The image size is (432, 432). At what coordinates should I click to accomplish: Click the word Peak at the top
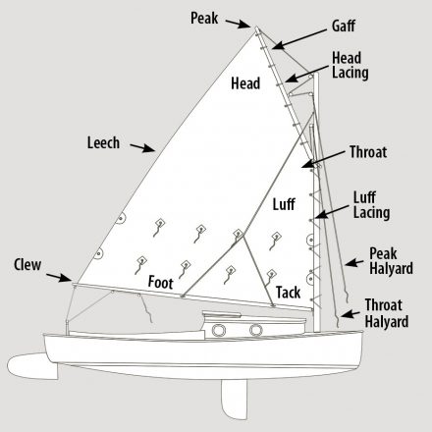point(204,18)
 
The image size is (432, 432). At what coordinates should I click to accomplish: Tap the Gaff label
point(344,26)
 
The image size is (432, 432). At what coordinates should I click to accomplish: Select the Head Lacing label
point(350,65)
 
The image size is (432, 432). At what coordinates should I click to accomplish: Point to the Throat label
point(368,152)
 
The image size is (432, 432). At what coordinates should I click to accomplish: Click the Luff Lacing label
point(371,205)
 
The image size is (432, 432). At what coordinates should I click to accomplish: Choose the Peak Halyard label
point(391,261)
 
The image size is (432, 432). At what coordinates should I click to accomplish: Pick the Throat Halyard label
point(387,313)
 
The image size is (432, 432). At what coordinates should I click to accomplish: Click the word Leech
point(103,143)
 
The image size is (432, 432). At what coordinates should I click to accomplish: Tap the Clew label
point(27,265)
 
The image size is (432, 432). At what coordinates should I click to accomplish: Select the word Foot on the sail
point(160,282)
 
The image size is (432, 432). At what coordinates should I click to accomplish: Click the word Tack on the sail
point(288,293)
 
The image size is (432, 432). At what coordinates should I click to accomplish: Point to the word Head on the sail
point(245,83)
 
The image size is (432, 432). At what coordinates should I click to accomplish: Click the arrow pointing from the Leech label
point(142,147)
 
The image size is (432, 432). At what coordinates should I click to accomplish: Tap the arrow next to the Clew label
point(59,278)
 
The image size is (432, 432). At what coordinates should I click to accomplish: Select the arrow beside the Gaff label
point(298,39)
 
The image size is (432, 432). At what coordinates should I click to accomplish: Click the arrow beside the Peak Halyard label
point(353,263)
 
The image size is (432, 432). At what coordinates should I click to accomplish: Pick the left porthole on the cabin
point(219,330)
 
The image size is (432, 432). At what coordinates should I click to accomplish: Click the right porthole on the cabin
point(256,330)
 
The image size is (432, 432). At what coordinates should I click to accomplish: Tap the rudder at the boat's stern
point(31,366)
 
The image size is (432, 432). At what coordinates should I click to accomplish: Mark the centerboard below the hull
point(235,400)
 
